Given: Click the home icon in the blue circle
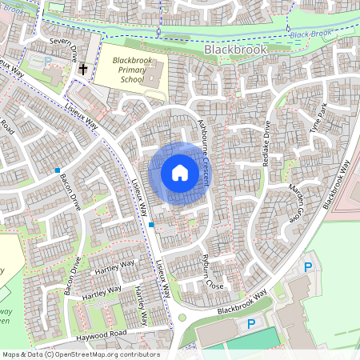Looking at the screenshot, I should [180, 172].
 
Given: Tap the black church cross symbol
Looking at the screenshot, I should [82, 69].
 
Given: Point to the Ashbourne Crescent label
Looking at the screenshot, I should [202, 152].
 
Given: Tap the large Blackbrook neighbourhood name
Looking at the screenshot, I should [235, 49].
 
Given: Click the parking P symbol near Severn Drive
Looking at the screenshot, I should [46, 61].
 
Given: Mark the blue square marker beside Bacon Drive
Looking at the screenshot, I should [58, 170].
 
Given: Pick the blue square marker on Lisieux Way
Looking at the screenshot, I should [150, 226].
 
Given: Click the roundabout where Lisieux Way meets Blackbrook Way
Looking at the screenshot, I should [182, 318].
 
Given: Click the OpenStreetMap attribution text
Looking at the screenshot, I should [81, 354].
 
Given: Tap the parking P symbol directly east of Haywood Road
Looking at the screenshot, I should [250, 324].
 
